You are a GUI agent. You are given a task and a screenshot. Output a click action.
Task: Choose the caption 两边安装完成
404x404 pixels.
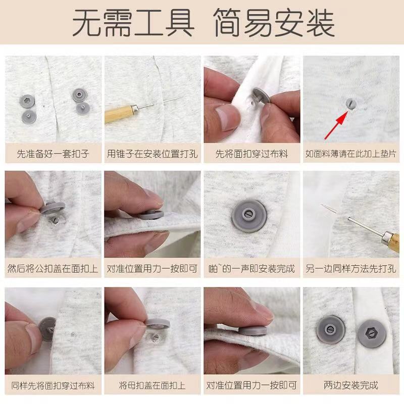[x=351, y=385]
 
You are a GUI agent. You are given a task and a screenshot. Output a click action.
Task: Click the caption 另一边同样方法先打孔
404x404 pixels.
[x=351, y=269]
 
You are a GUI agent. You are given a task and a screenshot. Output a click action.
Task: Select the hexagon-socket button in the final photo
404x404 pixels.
[x=372, y=334]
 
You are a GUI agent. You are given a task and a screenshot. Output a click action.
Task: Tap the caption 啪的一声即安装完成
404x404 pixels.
[x=251, y=269]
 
